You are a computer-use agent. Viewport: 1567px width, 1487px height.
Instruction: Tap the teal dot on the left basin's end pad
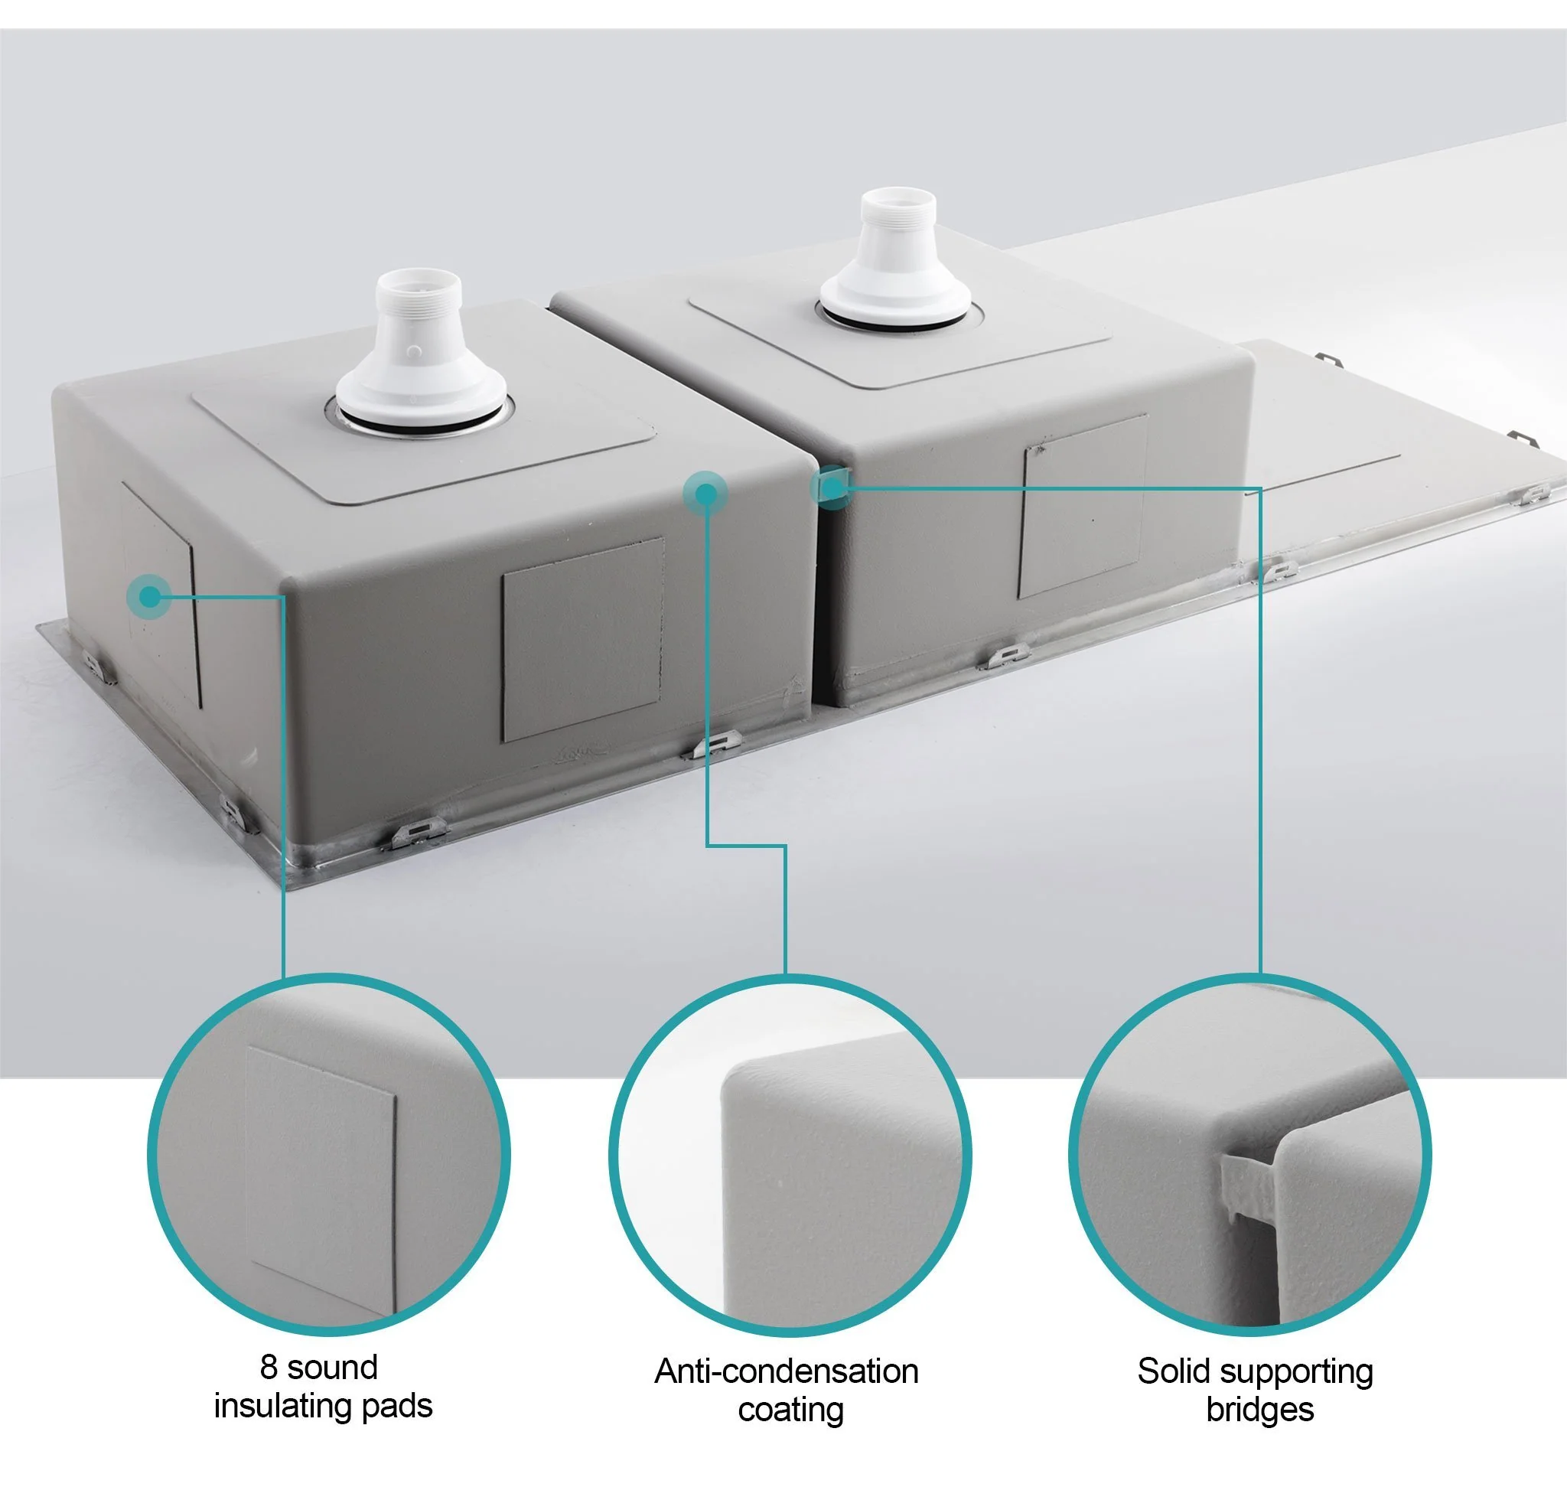click(x=149, y=596)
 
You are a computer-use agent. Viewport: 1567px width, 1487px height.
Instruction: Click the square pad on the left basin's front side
click(x=582, y=640)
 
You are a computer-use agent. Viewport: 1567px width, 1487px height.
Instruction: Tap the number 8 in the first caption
click(x=269, y=1368)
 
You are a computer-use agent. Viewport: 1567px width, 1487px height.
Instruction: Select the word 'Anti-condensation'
click(x=786, y=1371)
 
